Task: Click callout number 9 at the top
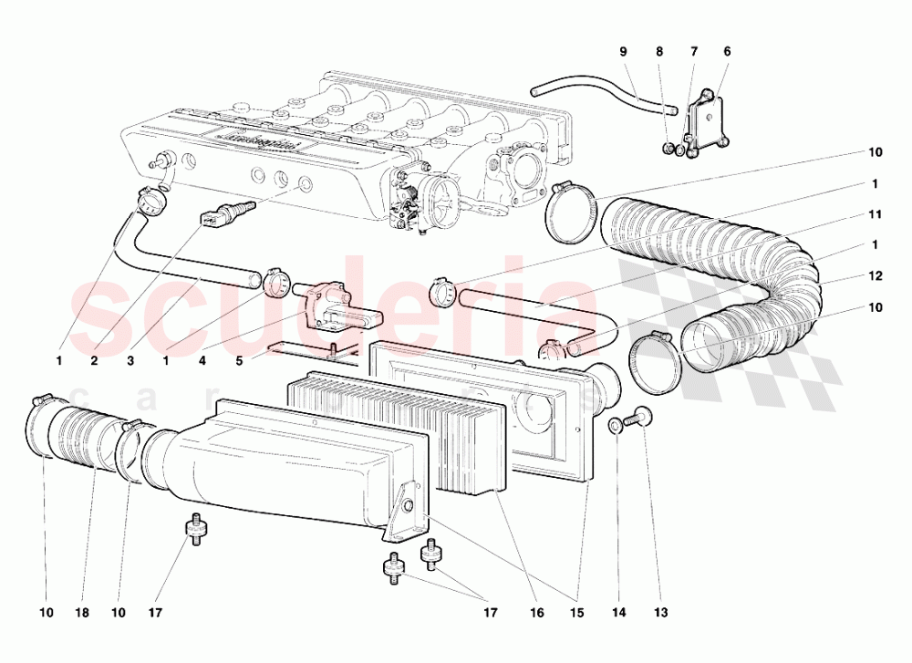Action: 624,53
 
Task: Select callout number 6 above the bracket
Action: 727,53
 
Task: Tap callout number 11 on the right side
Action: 876,214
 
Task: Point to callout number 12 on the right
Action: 876,276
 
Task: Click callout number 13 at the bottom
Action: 659,613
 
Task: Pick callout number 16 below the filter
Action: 537,613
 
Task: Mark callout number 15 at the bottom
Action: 576,613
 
